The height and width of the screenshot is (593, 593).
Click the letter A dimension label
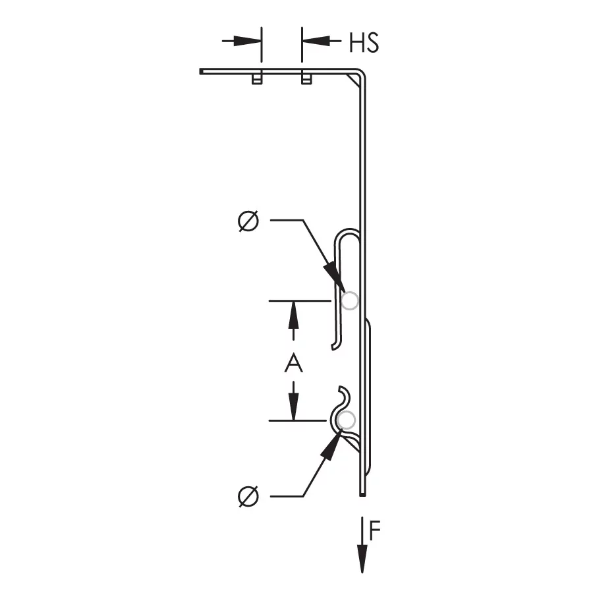[293, 363]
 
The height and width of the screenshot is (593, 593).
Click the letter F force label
[375, 531]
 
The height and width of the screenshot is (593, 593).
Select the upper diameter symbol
[248, 221]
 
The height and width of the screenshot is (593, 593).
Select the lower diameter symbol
[248, 495]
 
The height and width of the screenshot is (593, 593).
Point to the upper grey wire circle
[350, 300]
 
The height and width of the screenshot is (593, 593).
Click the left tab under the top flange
[258, 78]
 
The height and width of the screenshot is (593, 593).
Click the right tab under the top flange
[306, 78]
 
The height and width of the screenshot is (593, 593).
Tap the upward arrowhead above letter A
[294, 312]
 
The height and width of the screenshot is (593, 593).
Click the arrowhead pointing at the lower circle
[331, 443]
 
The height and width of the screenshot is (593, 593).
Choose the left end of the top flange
[201, 71]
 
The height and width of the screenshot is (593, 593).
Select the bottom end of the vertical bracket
[362, 494]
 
